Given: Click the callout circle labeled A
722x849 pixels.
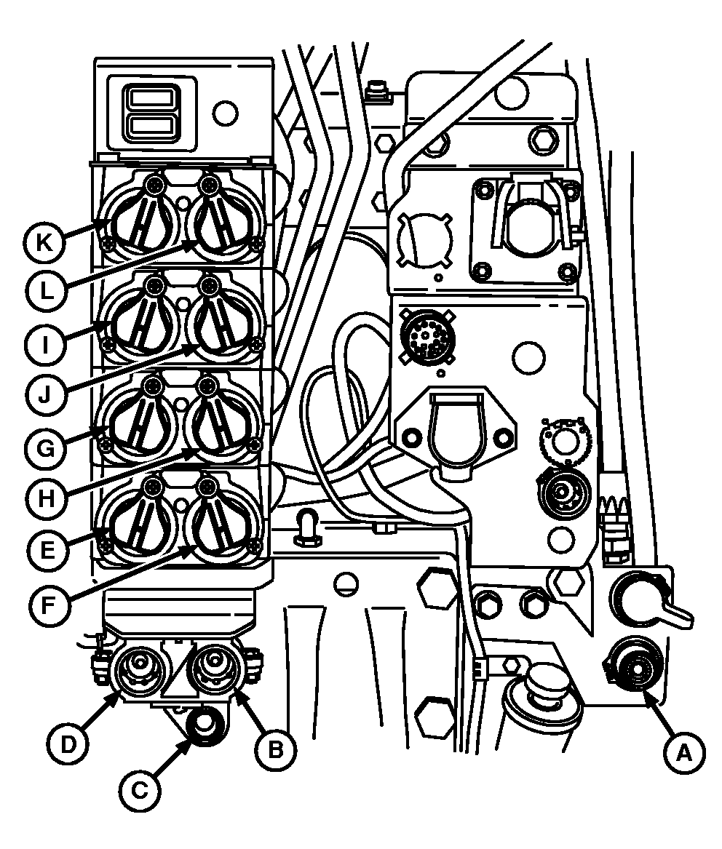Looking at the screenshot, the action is point(684,752).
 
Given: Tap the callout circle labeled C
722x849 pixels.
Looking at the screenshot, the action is point(140,791).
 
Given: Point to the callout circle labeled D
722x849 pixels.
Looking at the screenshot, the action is point(68,745).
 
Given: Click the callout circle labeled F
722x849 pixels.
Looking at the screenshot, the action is point(47,605).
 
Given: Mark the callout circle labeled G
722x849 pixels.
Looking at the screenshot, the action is point(46,448).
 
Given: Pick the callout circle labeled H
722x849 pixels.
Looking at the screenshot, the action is point(47,498).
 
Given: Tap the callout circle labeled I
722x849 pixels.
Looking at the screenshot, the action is point(46,344).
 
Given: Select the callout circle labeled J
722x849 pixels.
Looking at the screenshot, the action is point(46,394).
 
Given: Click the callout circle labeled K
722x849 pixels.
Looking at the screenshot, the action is point(44,242).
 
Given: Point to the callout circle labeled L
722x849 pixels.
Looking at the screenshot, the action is point(46,292).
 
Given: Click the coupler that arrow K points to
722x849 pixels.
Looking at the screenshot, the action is point(139,217).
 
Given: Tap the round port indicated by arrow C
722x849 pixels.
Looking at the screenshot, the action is point(207,725).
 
